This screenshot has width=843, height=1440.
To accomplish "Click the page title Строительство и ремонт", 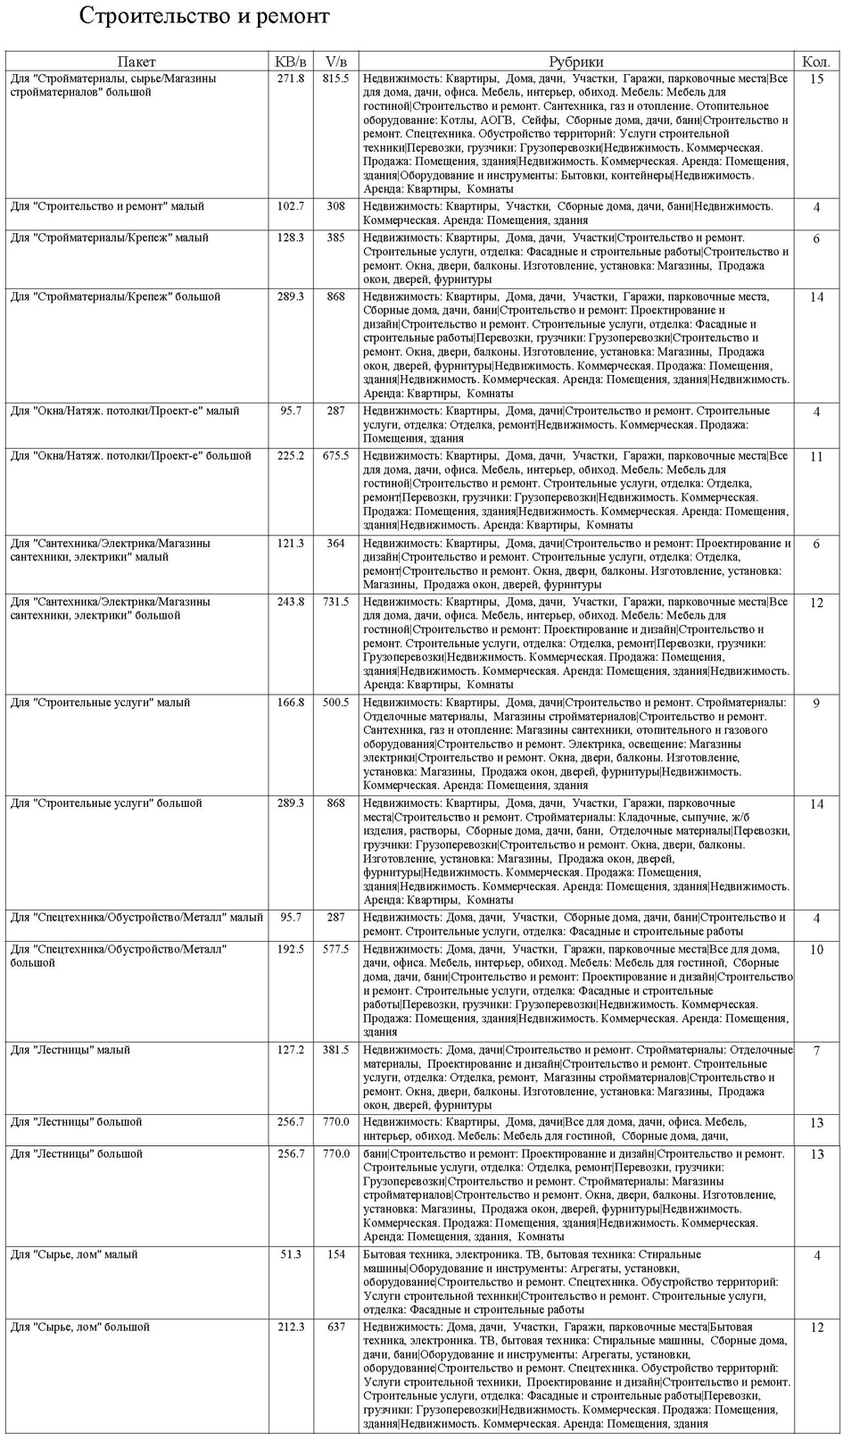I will [x=204, y=16].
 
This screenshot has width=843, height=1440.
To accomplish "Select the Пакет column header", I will [x=136, y=62].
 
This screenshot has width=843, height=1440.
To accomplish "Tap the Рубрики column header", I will [x=575, y=62].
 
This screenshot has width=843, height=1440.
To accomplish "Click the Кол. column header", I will [x=816, y=62].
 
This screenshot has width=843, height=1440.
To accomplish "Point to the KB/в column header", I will [x=291, y=62].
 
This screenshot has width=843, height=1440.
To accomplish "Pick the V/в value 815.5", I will [x=335, y=79].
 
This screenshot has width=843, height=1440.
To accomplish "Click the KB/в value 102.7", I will [x=291, y=206].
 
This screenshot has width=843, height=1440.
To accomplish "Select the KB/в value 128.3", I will [x=291, y=238].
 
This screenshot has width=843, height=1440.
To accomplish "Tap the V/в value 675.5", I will [x=335, y=456].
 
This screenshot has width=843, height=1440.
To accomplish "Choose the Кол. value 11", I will [x=816, y=457].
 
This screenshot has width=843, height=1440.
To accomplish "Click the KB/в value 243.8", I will [x=291, y=602].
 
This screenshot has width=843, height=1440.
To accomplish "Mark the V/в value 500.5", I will [x=335, y=703].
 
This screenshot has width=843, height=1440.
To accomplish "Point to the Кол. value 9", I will [x=816, y=703].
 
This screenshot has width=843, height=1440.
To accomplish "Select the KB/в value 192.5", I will [x=291, y=950].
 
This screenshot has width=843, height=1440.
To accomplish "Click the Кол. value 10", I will [x=816, y=951].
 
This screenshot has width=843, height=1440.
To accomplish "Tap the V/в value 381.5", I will [x=335, y=1051].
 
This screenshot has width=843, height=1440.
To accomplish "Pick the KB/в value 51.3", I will [x=291, y=1255].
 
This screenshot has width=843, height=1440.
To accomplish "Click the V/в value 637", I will [x=335, y=1328].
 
